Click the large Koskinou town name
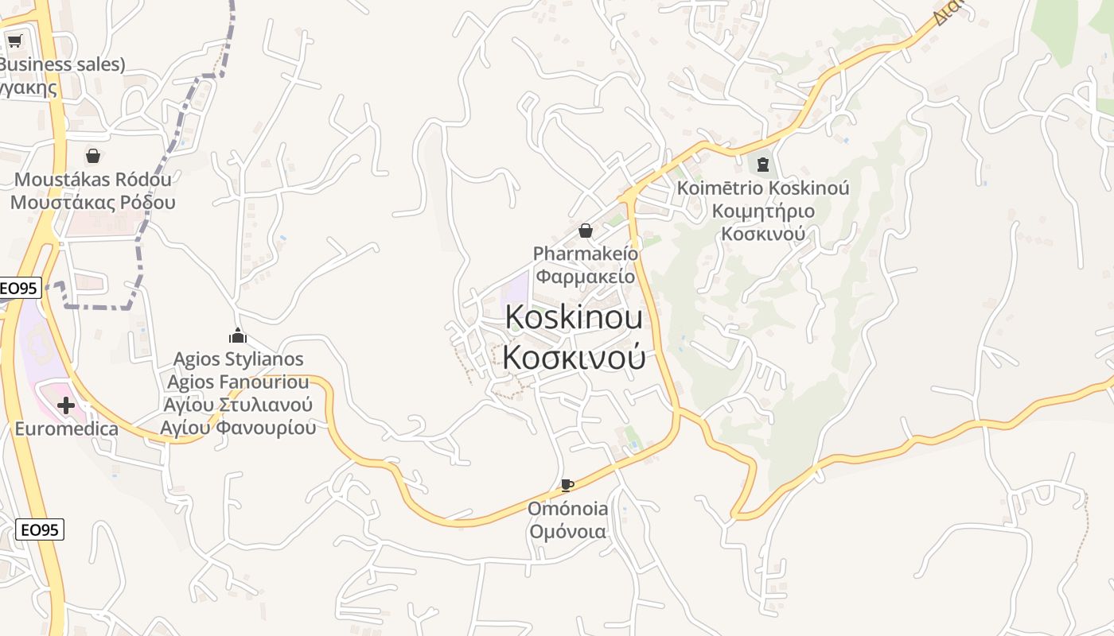pos(574,317)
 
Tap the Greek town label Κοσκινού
pos(574,358)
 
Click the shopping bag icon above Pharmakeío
pos(586,231)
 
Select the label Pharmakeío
pos(586,254)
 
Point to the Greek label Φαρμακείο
pos(586,277)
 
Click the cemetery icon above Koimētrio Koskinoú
pos(763,165)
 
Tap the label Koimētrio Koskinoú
pos(763,188)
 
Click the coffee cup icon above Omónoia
pos(567,485)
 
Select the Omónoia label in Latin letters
pos(568,509)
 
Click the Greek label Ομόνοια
pos(568,532)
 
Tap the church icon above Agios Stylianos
pos(238,335)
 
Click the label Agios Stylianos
pos(239,359)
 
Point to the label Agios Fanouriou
pos(238,382)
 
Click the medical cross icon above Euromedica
pos(66,406)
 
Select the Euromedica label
pos(66,429)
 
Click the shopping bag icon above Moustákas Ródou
pos(93,156)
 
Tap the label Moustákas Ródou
pos(93,179)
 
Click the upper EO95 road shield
pos(19,289)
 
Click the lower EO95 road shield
pos(40,529)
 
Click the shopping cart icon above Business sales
pos(14,41)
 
